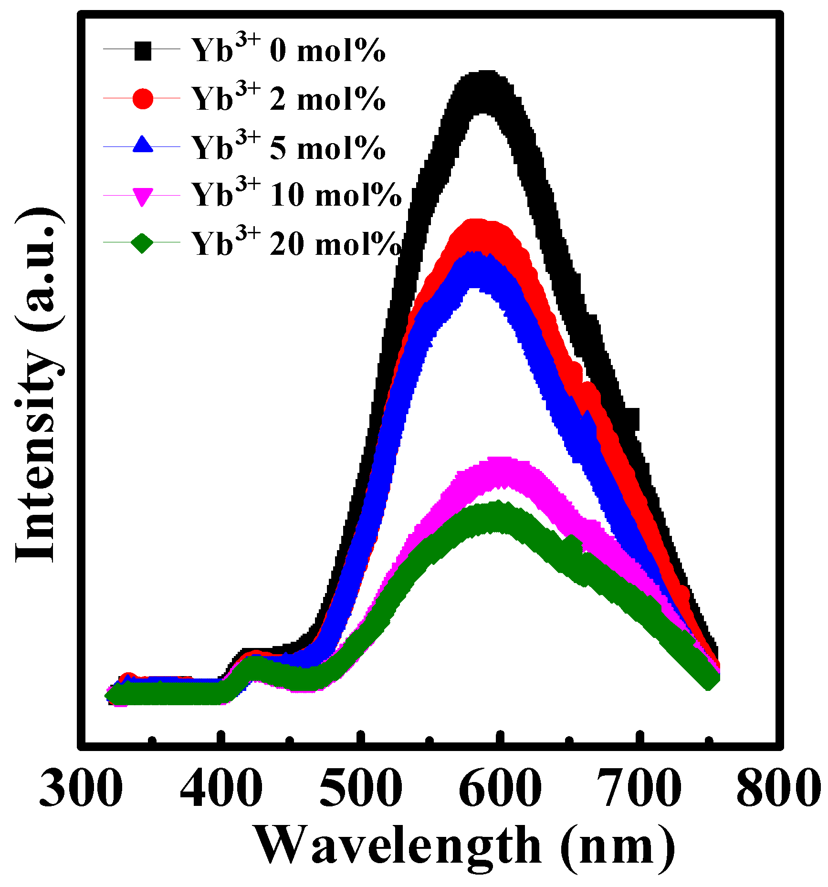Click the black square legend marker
click(142, 51)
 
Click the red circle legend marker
click(142, 99)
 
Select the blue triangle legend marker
click(142, 145)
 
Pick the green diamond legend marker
click(142, 243)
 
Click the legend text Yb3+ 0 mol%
click(288, 50)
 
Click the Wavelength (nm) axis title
click(465, 847)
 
